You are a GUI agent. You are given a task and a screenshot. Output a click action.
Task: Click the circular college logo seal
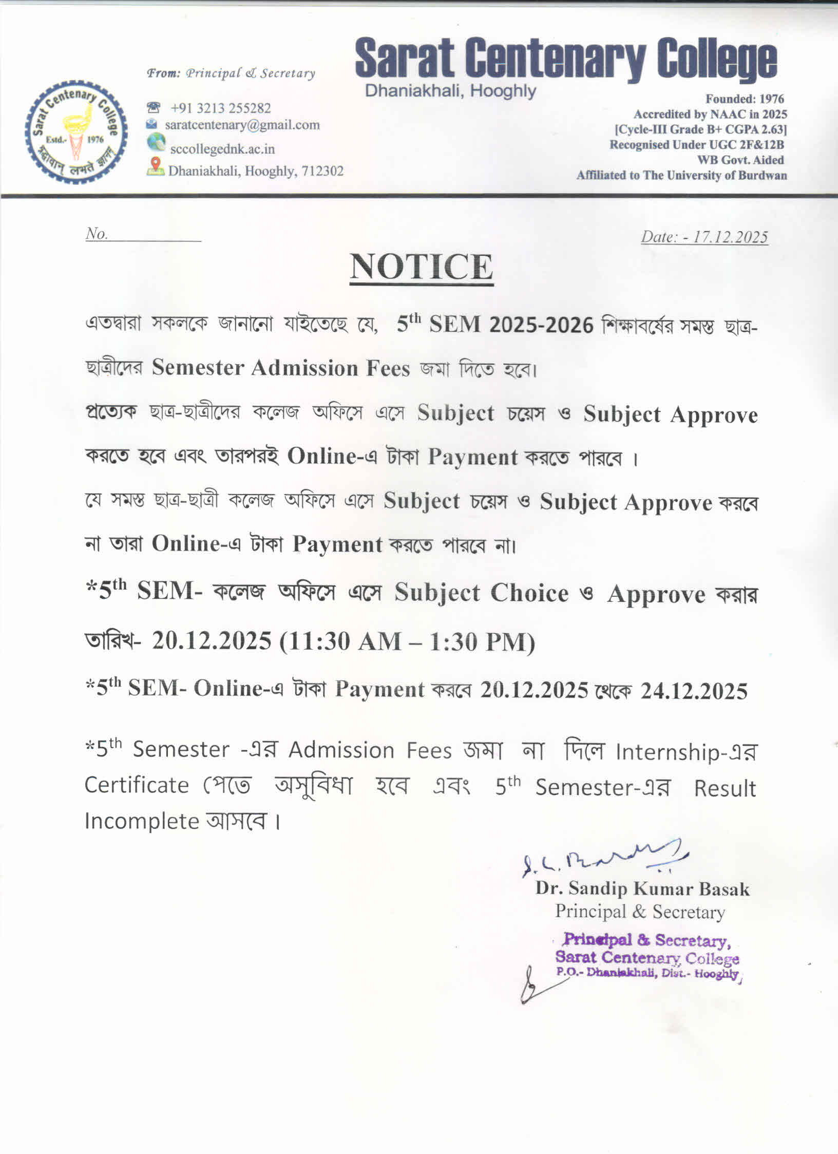pyautogui.click(x=76, y=132)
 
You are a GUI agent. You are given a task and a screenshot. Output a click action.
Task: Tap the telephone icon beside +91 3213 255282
pyautogui.click(x=153, y=108)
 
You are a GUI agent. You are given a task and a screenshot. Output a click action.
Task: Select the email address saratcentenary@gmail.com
pyautogui.click(x=242, y=125)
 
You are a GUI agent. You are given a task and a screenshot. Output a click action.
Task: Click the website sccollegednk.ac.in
pyautogui.click(x=222, y=149)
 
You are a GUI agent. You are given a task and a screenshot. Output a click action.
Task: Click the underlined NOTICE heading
pyautogui.click(x=421, y=267)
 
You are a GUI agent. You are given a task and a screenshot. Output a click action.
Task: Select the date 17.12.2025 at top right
pyautogui.click(x=730, y=237)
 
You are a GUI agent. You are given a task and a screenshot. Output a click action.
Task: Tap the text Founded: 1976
pyautogui.click(x=745, y=99)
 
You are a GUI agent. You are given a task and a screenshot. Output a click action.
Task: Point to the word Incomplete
pyautogui.click(x=142, y=821)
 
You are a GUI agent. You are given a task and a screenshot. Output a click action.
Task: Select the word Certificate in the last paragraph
pyautogui.click(x=137, y=785)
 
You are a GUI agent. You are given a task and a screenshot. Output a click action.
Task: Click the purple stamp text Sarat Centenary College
pyautogui.click(x=647, y=958)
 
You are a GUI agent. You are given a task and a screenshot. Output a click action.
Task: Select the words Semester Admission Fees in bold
pyautogui.click(x=281, y=368)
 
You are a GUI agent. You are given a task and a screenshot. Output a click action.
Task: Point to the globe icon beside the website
pyautogui.click(x=156, y=142)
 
